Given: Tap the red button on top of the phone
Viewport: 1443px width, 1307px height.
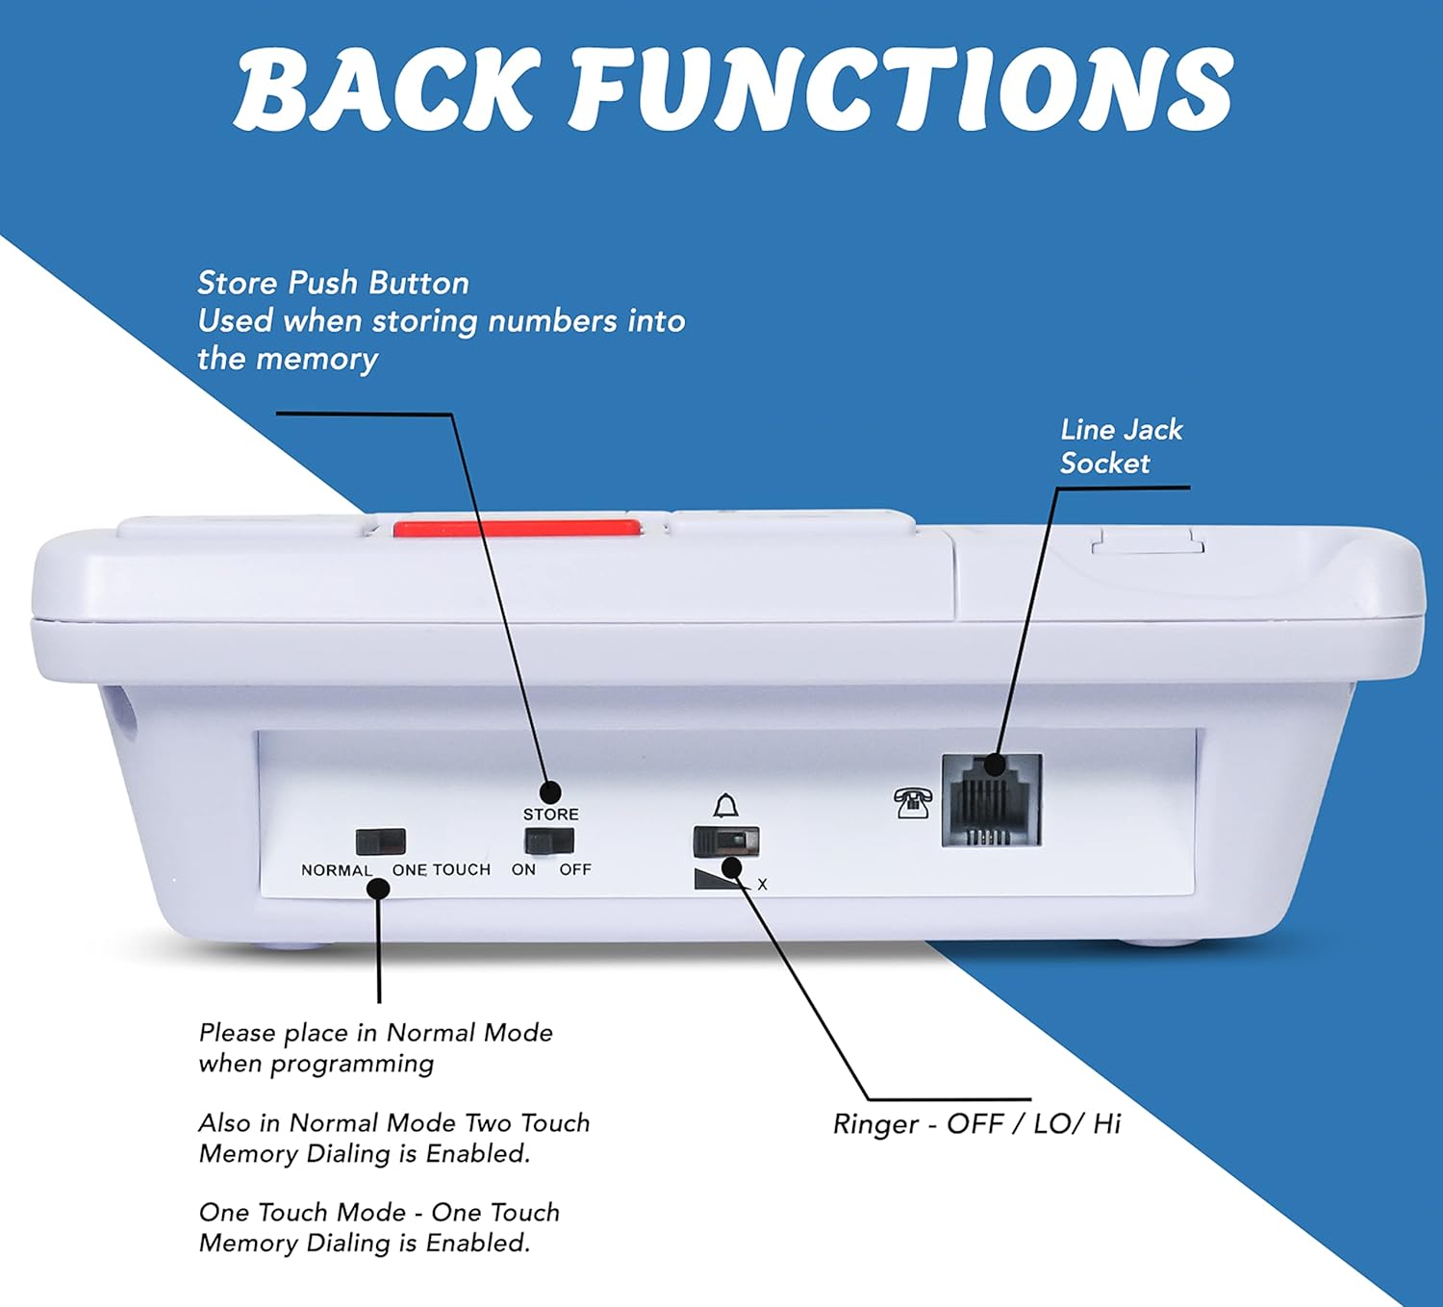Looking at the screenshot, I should [517, 528].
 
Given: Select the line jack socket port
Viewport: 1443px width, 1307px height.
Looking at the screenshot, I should [991, 800].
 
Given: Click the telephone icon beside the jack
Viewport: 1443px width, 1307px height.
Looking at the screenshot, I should [912, 802].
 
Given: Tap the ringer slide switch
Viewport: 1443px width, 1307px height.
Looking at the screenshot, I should [726, 842].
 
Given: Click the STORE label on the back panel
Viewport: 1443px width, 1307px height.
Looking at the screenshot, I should [550, 815].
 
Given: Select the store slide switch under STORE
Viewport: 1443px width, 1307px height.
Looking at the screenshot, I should [548, 842].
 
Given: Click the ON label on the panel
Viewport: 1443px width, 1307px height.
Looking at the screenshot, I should [523, 869].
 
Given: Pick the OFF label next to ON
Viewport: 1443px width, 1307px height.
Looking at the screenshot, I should [575, 869].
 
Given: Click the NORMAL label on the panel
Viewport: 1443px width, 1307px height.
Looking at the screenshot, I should [336, 870].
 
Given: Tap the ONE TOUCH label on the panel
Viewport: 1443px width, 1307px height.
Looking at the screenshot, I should [442, 869].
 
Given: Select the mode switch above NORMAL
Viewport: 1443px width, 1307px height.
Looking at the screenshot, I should [381, 842].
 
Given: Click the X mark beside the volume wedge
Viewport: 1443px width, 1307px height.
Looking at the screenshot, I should [762, 885].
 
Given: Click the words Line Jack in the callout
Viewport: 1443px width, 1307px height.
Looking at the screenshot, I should [1121, 430].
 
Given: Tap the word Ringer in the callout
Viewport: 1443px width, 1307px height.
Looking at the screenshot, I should [875, 1124].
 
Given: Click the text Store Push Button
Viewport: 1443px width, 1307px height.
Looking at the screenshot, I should [333, 283].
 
